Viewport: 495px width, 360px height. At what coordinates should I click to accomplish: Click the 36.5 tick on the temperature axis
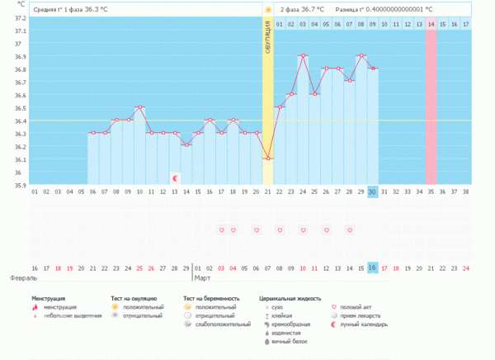point(18,108)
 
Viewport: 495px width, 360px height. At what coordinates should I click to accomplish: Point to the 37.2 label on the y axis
point(18,18)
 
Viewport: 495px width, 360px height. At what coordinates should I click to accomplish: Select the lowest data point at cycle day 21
point(267,159)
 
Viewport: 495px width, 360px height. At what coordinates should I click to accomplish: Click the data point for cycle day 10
point(139,107)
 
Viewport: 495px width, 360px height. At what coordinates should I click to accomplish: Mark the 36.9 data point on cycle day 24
point(303,56)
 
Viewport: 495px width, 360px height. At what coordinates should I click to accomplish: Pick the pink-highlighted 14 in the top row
point(431,25)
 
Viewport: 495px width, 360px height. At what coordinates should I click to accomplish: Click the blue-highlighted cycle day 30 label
point(373,192)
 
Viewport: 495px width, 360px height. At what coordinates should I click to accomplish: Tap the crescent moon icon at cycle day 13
point(175,178)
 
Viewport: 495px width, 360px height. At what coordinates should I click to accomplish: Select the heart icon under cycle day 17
point(221,230)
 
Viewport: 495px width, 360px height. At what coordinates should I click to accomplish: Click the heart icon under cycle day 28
point(350,230)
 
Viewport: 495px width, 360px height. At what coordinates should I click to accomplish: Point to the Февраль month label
point(21,279)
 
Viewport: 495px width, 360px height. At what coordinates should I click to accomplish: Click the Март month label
point(201,279)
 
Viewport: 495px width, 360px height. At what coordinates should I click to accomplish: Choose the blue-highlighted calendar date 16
point(373,268)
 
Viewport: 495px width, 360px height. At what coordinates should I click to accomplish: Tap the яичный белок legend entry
point(284,341)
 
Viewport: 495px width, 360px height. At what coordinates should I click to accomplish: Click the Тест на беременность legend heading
point(211,298)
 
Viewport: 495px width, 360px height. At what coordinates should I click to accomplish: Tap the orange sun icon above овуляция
point(267,10)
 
